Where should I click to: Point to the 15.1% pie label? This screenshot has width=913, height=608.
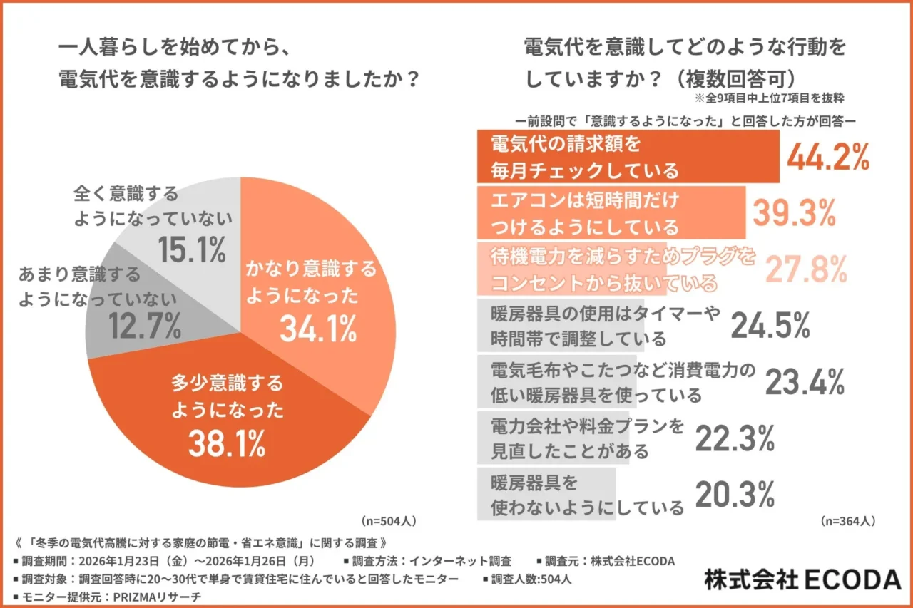point(191,249)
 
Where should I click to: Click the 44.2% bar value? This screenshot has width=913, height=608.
point(828,158)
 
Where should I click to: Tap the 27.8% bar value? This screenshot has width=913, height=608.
point(807,269)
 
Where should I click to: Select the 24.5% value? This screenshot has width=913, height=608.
point(770,325)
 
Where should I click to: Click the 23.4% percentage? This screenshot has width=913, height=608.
point(805,383)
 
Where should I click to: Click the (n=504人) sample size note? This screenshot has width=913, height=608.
point(389,520)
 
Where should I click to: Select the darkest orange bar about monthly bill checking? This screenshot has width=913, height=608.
point(628,158)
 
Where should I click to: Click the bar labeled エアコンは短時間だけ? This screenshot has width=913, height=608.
point(611,212)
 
